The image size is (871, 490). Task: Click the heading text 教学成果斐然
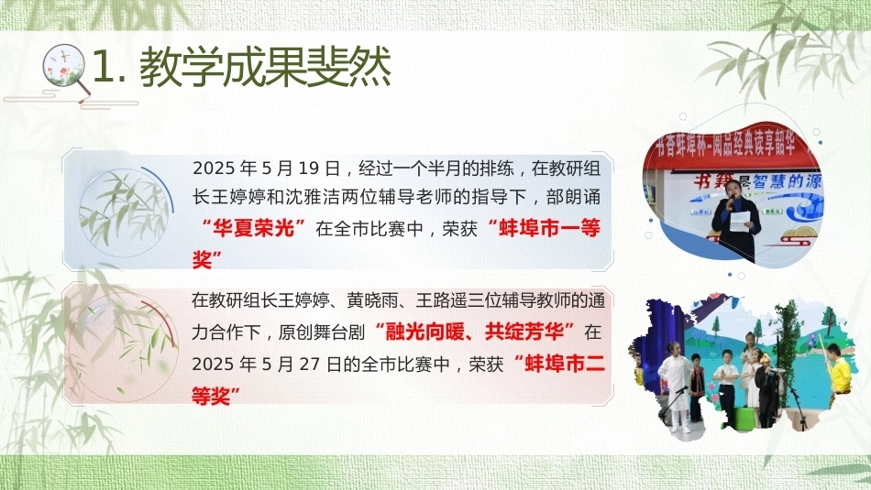tap(265, 68)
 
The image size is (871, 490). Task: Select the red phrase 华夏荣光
tap(254, 228)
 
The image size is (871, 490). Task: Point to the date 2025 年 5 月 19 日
tap(266, 168)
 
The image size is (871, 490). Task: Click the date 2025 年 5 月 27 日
tap(266, 364)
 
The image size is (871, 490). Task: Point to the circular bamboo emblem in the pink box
tap(124, 346)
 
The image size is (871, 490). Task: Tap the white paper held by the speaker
tap(739, 221)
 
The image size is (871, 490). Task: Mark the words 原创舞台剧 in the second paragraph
tap(321, 332)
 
